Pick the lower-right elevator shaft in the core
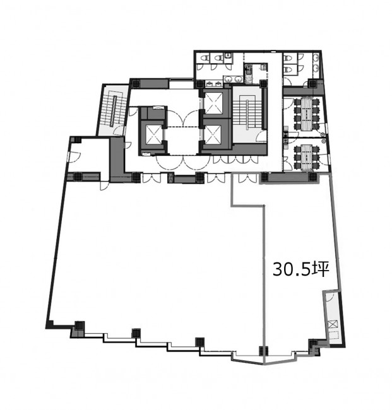coord(213,134)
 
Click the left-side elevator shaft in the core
coord(153,134)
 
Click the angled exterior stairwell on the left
coord(114,110)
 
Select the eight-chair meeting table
coord(306,114)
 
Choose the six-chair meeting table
coord(306,158)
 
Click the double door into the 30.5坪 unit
coord(247,179)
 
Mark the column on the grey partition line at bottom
coord(263,351)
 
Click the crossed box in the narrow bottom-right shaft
coord(333,324)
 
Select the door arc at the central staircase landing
coord(261,136)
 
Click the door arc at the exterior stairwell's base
coord(119,130)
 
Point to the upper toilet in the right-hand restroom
coord(287,58)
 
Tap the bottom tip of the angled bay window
coord(264,364)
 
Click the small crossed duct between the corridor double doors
coord(171,178)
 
